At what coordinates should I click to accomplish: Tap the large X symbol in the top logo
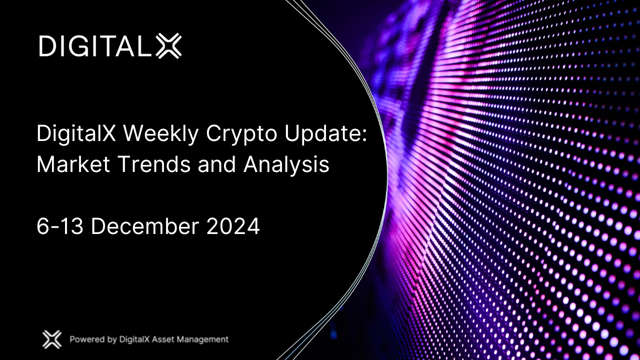[x=168, y=46]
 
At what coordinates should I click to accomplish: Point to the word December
[x=144, y=226]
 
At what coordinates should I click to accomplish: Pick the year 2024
[x=233, y=226]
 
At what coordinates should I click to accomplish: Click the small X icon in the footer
[x=51, y=339]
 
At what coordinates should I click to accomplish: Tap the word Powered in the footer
[x=87, y=339]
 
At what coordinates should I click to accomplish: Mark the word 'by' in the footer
[x=112, y=340]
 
